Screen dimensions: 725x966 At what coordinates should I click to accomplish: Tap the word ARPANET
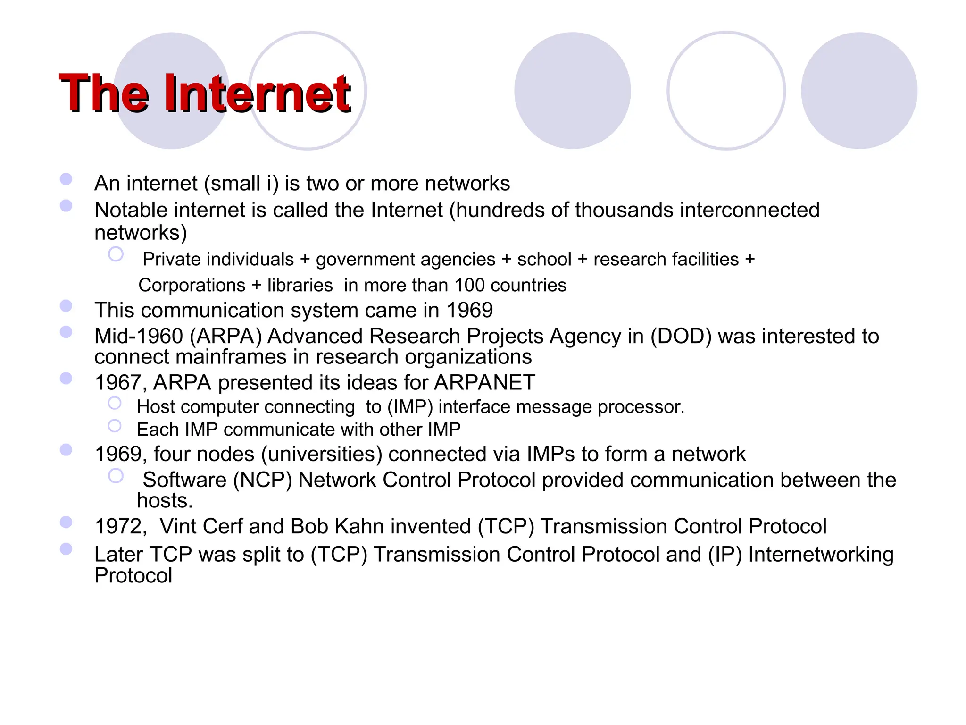[x=484, y=382]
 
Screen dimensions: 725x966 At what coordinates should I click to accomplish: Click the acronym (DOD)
[x=681, y=337]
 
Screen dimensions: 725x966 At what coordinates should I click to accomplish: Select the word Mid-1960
[x=138, y=337]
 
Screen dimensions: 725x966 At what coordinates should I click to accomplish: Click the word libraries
[x=300, y=285]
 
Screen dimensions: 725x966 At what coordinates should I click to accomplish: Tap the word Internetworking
[x=821, y=555]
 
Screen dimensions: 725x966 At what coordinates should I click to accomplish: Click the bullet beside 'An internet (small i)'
[x=66, y=179]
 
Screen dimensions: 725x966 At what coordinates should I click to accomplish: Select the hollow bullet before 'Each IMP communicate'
[x=115, y=426]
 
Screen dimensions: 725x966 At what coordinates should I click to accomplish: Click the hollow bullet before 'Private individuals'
[x=116, y=254]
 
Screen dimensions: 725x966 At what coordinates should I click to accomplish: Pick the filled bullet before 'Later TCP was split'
[x=66, y=549]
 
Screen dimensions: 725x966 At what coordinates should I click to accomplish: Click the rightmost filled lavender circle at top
[x=859, y=91]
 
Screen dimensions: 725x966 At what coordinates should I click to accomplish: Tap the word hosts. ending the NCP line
[x=165, y=501]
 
